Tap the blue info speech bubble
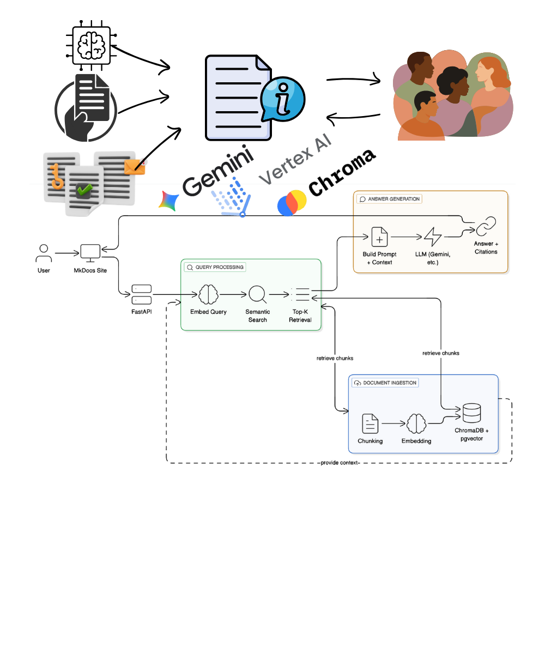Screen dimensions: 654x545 pyautogui.click(x=282, y=100)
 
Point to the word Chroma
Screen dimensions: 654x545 pyautogui.click(x=342, y=173)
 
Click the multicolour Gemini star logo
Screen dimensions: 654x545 pyautogui.click(x=168, y=201)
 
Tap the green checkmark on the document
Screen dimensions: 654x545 pyautogui.click(x=84, y=190)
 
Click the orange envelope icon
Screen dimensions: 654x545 pyautogui.click(x=134, y=167)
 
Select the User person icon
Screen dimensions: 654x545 pyautogui.click(x=44, y=253)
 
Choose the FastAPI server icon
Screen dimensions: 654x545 pyautogui.click(x=142, y=294)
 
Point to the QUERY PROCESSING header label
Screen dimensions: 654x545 pyautogui.click(x=215, y=268)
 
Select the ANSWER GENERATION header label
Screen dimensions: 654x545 pyautogui.click(x=390, y=199)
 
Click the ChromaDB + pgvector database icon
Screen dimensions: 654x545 pyautogui.click(x=471, y=413)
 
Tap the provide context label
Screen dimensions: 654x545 pyautogui.click(x=340, y=463)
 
